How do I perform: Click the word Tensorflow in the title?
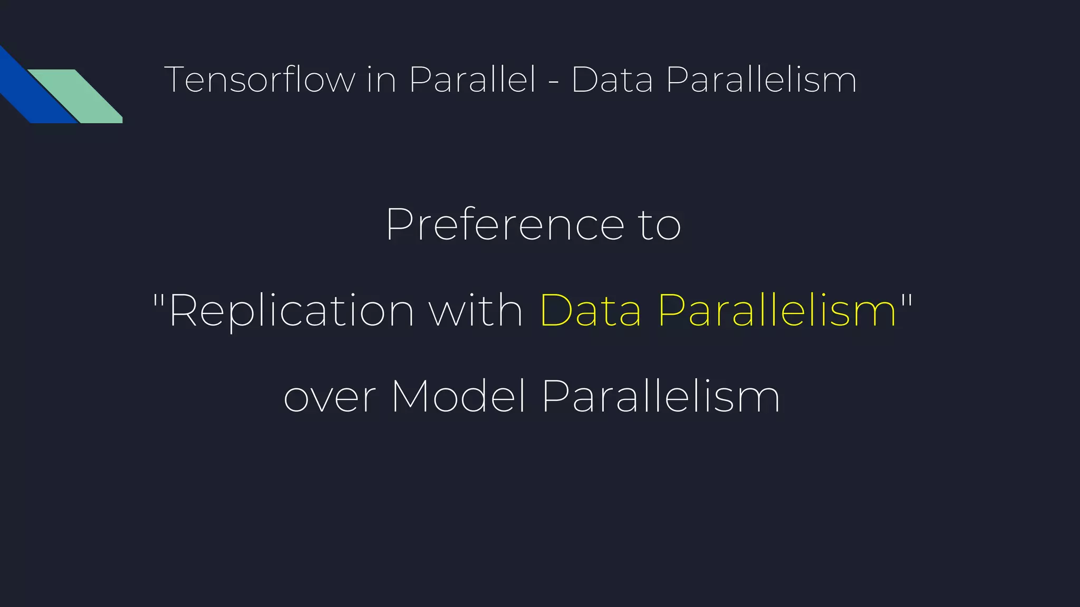click(x=259, y=80)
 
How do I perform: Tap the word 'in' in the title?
click(x=381, y=80)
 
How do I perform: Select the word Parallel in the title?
click(x=472, y=80)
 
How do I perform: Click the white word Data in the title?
click(x=612, y=80)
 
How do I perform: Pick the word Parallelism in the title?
click(x=761, y=80)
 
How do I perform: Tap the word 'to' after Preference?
click(x=660, y=226)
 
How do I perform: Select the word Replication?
click(x=292, y=311)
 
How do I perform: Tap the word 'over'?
click(x=330, y=398)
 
